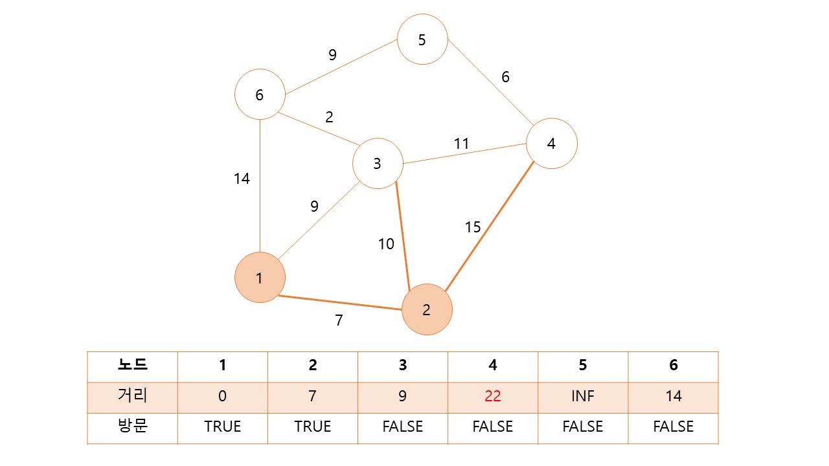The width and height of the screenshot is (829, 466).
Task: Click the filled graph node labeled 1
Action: coord(260,278)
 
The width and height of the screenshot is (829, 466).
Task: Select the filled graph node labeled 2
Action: coord(427,309)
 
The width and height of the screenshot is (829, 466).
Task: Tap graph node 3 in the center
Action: coord(378,164)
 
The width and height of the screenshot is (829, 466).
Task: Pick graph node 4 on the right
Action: coord(551,143)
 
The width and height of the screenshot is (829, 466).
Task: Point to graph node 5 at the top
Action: coord(422,39)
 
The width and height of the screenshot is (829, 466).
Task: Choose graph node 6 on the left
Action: coord(260,94)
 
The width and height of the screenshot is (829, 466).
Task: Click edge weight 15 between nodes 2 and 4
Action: coord(473,227)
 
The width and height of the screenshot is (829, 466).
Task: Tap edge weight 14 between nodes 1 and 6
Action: coord(242,179)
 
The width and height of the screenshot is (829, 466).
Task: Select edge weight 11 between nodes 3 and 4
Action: coord(461,144)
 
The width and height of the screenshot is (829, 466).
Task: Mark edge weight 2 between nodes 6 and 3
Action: coord(329,117)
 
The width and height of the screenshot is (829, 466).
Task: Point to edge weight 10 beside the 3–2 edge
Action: coord(386,244)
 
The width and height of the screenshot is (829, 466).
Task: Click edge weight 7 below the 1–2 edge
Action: coord(339,320)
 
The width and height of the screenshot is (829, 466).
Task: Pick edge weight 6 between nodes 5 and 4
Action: coord(505,77)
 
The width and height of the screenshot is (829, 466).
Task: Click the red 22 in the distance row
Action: coord(493,396)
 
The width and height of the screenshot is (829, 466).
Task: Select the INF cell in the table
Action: coord(583,396)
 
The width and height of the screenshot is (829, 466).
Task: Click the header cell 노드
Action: coord(132,365)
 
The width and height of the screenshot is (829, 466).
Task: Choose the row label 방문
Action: coord(132,427)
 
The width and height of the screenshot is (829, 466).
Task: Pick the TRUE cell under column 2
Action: coord(313,427)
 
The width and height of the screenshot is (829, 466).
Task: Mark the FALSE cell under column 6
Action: coord(674,427)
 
